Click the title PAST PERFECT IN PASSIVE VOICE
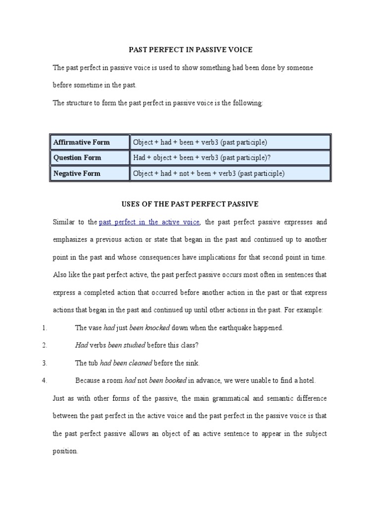point(190,49)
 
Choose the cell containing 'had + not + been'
point(208,173)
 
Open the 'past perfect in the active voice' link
point(149,222)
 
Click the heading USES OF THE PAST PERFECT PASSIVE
point(190,204)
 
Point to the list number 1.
point(44,328)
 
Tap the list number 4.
point(44,380)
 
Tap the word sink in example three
point(192,363)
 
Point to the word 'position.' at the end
point(65,451)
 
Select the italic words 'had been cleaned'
point(126,363)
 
